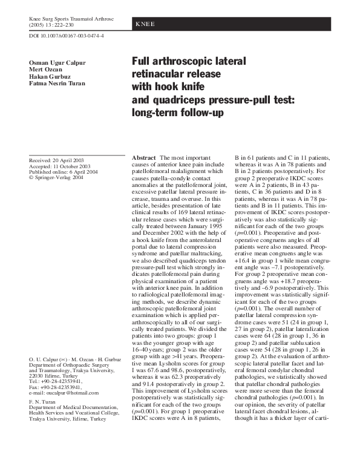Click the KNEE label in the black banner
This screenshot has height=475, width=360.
145,24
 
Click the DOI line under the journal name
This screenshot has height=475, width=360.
67,36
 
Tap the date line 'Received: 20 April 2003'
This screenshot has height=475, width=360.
59,160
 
